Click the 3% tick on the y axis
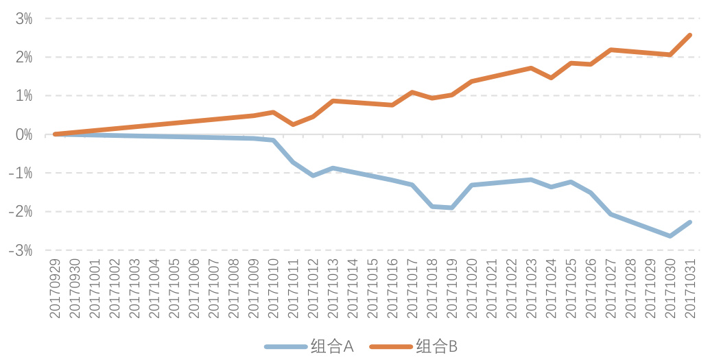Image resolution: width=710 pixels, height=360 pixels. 24,19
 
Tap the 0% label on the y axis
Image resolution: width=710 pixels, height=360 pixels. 24,134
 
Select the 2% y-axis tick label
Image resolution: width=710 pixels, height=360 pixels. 24,57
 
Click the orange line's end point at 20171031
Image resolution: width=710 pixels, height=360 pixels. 690,35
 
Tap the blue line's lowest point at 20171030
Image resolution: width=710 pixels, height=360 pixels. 670,236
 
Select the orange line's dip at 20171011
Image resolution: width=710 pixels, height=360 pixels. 294,124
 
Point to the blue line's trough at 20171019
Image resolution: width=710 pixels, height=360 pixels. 452,207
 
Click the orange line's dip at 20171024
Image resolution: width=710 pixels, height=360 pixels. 552,77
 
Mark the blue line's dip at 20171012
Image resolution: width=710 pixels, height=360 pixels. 313,176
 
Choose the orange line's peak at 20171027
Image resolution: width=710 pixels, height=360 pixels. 611,49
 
